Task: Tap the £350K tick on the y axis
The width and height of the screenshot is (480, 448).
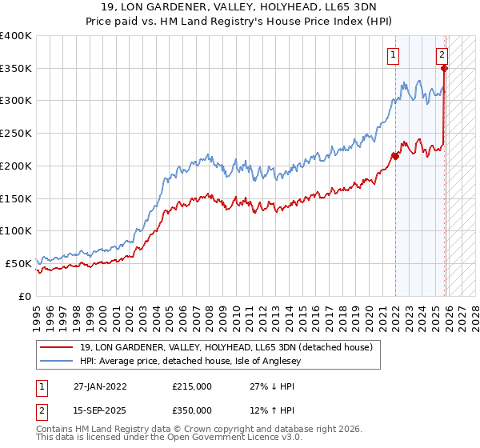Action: (15, 69)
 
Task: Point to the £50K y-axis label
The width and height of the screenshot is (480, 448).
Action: (18, 263)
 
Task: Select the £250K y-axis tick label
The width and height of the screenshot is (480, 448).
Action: (15, 134)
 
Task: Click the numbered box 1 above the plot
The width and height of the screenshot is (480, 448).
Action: (394, 55)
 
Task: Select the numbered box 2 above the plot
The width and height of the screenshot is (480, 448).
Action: (442, 55)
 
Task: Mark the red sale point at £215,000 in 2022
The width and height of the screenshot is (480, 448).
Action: (395, 157)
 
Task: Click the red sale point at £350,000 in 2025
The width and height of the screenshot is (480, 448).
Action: (444, 69)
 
